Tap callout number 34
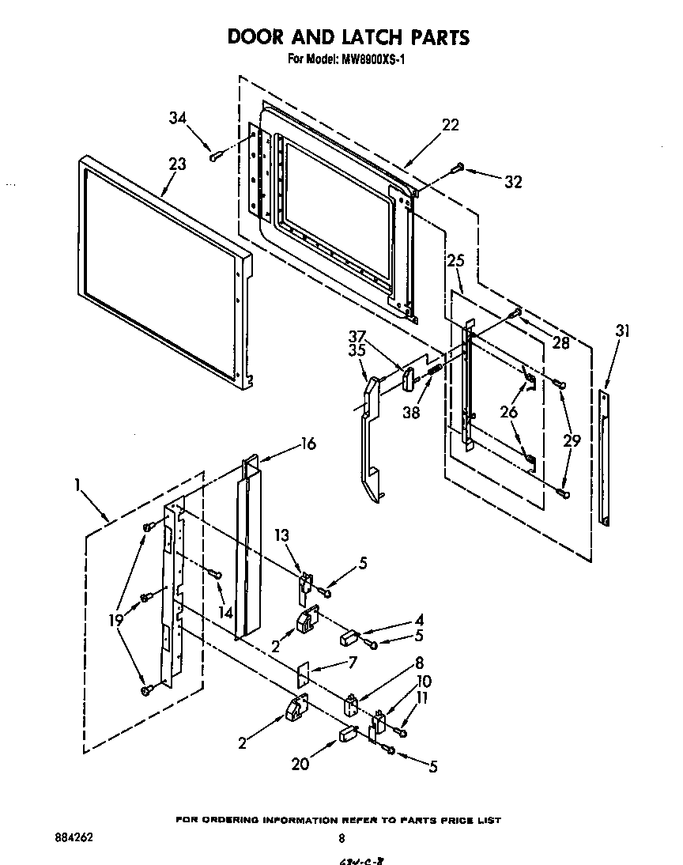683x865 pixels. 178,119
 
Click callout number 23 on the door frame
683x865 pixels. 177,164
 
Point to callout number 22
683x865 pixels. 450,125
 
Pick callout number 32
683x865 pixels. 513,182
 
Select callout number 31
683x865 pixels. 623,331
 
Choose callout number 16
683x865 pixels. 308,444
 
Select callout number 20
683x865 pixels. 298,765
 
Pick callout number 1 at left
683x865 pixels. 78,485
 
